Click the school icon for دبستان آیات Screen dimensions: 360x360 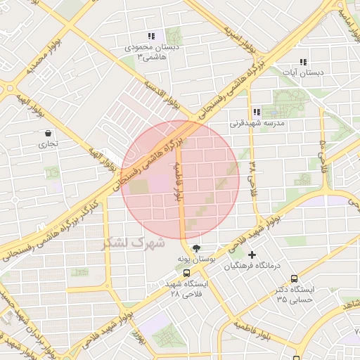click(302, 62)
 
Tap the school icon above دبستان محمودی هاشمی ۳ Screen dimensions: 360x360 click(150, 36)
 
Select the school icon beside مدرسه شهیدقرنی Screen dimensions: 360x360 click(256, 112)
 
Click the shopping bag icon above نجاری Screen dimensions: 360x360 click(48, 133)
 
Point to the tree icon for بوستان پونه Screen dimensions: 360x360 click(196, 248)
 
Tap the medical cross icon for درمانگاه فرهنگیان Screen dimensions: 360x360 click(252, 255)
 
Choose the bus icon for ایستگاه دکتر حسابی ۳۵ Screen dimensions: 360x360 click(294, 278)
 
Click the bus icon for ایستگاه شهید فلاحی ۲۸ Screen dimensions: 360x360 click(186, 274)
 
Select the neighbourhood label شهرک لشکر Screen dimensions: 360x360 click(133, 243)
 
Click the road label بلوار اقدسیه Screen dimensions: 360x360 click(162, 96)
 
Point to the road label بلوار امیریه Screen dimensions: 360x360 click(239, 40)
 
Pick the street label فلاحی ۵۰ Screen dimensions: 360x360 click(323, 154)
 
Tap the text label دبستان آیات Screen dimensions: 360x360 click(307, 72)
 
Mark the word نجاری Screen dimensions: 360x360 click(49, 144)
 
